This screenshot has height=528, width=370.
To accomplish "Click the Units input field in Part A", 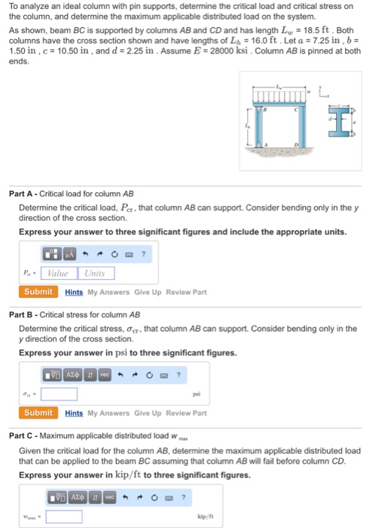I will (x=95, y=273).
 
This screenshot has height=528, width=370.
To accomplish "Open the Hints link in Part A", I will (x=74, y=292).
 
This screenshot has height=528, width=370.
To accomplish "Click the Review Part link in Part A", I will (x=185, y=292).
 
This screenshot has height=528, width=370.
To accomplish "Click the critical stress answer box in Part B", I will (x=59, y=393).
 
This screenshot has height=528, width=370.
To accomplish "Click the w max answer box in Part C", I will (x=63, y=517).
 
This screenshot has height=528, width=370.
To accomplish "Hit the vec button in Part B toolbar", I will (x=105, y=373).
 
